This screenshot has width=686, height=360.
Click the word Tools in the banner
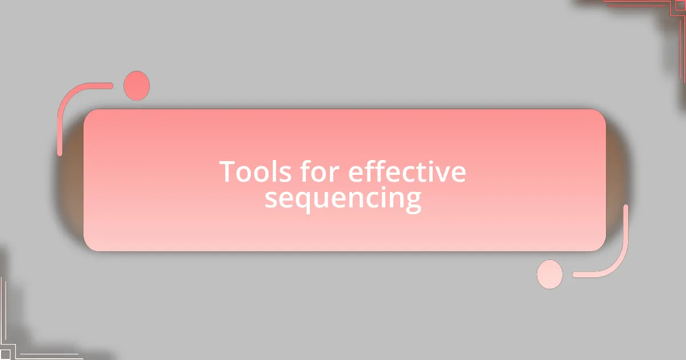(256, 172)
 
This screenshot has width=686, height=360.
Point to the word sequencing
(343, 199)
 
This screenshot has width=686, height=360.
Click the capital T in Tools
(228, 172)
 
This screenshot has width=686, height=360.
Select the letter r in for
(334, 174)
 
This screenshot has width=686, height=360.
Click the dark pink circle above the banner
(137, 86)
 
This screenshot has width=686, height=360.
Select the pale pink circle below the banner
(550, 274)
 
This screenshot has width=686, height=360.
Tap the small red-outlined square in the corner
(680, 6)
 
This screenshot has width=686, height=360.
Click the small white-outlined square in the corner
(5, 354)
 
